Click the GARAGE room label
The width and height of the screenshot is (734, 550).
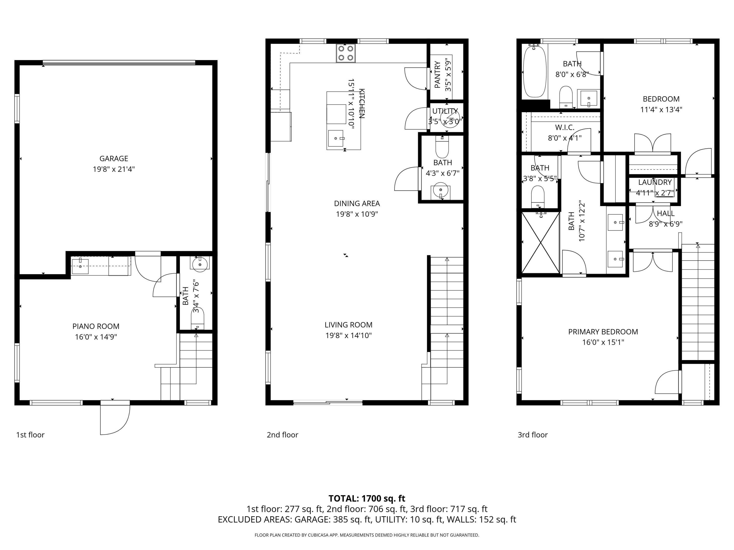(114, 158)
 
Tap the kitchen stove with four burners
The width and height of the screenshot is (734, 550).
(345, 53)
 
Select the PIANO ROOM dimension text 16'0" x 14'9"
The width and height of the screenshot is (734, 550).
(96, 337)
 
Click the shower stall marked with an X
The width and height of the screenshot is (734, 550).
(540, 242)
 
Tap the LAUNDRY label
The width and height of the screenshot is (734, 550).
(655, 182)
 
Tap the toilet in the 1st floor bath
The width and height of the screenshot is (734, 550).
(197, 318)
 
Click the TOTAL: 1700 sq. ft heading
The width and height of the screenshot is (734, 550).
(367, 498)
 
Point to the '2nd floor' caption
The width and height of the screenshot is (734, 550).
(282, 435)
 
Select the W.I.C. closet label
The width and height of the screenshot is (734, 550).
(564, 127)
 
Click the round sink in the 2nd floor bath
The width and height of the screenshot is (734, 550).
(441, 190)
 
